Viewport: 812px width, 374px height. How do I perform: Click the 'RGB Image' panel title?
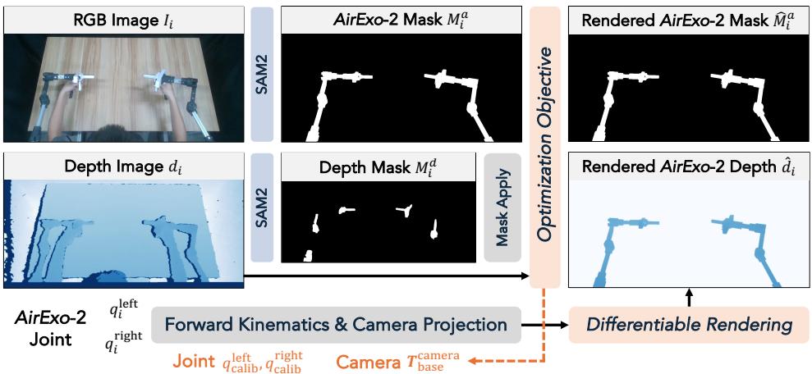click(x=123, y=20)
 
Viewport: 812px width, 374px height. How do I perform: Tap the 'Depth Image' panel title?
click(x=123, y=167)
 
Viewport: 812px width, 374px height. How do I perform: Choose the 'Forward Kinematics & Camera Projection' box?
click(x=336, y=326)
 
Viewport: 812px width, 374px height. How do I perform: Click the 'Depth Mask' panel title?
click(x=378, y=167)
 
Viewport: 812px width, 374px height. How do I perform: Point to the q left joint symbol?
click(x=123, y=310)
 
